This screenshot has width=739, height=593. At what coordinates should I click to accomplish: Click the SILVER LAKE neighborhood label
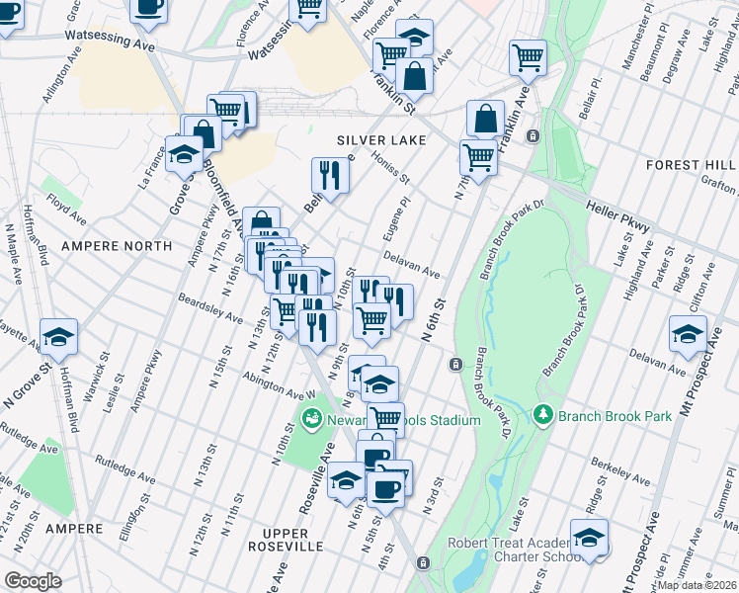[381, 140]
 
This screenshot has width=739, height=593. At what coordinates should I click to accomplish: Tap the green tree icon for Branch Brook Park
[542, 414]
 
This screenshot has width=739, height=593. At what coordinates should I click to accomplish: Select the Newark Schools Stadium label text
[405, 420]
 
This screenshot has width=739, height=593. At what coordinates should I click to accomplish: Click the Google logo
[33, 580]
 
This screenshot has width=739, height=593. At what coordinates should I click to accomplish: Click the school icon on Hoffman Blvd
[59, 338]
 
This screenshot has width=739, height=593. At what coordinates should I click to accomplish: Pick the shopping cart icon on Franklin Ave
[529, 57]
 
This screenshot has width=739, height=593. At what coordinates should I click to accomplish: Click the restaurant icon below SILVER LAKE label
[331, 175]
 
